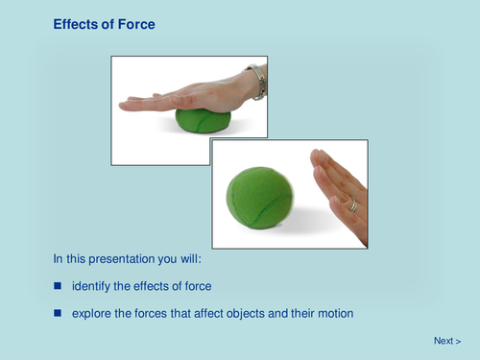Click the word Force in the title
coord(133,23)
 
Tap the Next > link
coord(447,341)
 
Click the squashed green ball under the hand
coord(203,121)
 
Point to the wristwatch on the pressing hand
coord(256,81)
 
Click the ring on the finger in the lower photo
coord(352,204)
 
